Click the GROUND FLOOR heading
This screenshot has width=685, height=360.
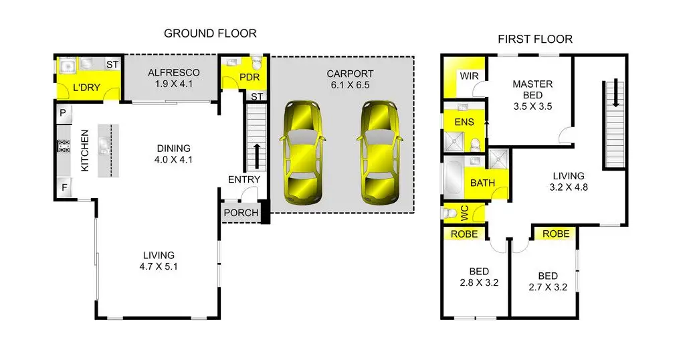pos(210,33)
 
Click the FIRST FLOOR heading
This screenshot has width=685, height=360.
pos(534,39)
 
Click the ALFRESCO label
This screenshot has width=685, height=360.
pos(173,73)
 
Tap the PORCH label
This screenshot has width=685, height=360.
pos(241,213)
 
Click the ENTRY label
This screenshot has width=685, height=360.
pos(244,179)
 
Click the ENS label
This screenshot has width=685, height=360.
pos(464,122)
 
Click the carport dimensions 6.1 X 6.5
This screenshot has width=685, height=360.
pos(351,85)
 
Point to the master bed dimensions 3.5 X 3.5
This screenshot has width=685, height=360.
pos(532,106)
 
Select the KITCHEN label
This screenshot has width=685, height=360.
pos(85,151)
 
